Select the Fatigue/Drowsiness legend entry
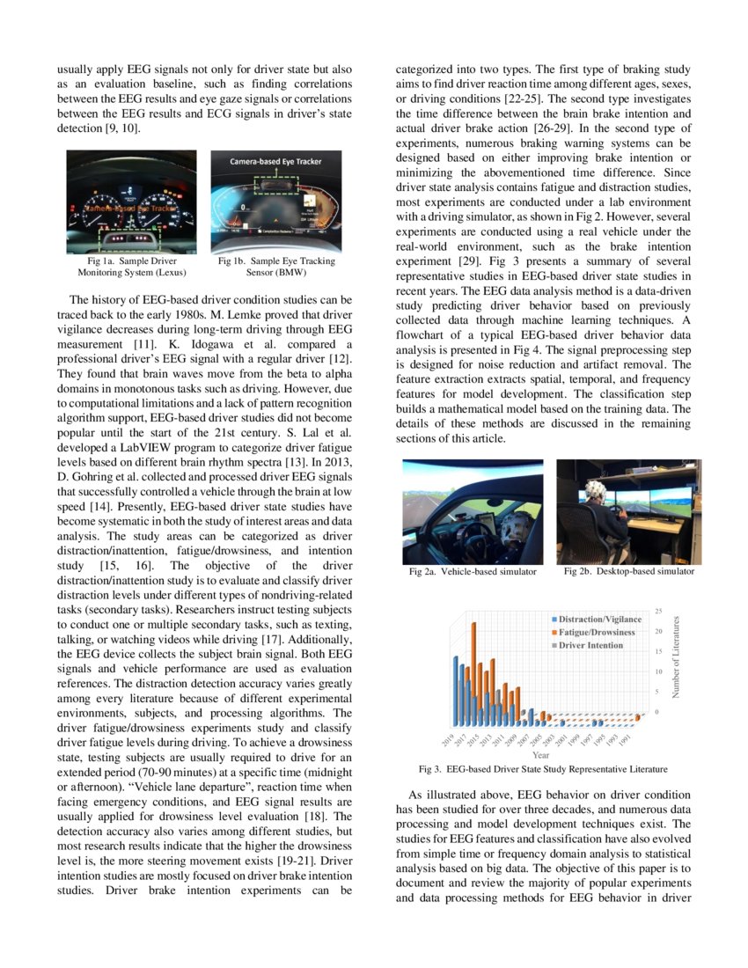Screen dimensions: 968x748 596,632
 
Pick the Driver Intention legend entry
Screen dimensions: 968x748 590,645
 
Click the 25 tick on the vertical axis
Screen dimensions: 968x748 659,610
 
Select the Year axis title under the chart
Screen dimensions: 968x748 541,753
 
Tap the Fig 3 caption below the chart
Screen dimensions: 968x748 542,768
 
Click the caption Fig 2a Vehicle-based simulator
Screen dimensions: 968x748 473,572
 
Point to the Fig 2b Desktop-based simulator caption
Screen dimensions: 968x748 628,571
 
